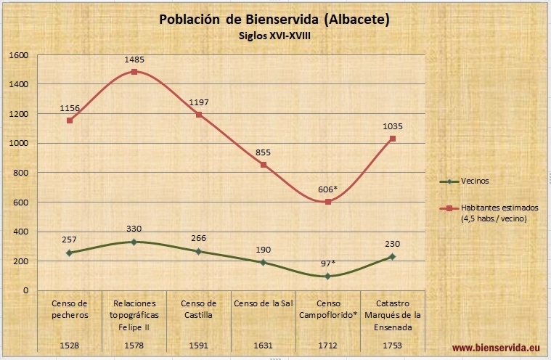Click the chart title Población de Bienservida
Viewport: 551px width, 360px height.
274,20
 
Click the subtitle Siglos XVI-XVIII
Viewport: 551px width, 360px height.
274,34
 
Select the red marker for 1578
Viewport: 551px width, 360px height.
134,72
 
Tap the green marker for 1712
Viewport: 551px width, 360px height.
327,276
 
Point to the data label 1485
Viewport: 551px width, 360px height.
134,58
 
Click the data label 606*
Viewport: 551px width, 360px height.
327,189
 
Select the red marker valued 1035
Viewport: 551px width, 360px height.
392,138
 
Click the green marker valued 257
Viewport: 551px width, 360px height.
69,253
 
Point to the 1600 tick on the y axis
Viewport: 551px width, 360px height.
18,55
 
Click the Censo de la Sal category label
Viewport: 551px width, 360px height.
263,303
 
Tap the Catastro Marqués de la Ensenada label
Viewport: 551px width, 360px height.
392,314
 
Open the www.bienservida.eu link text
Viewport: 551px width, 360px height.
497,348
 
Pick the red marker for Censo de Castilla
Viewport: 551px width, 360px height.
198,115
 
